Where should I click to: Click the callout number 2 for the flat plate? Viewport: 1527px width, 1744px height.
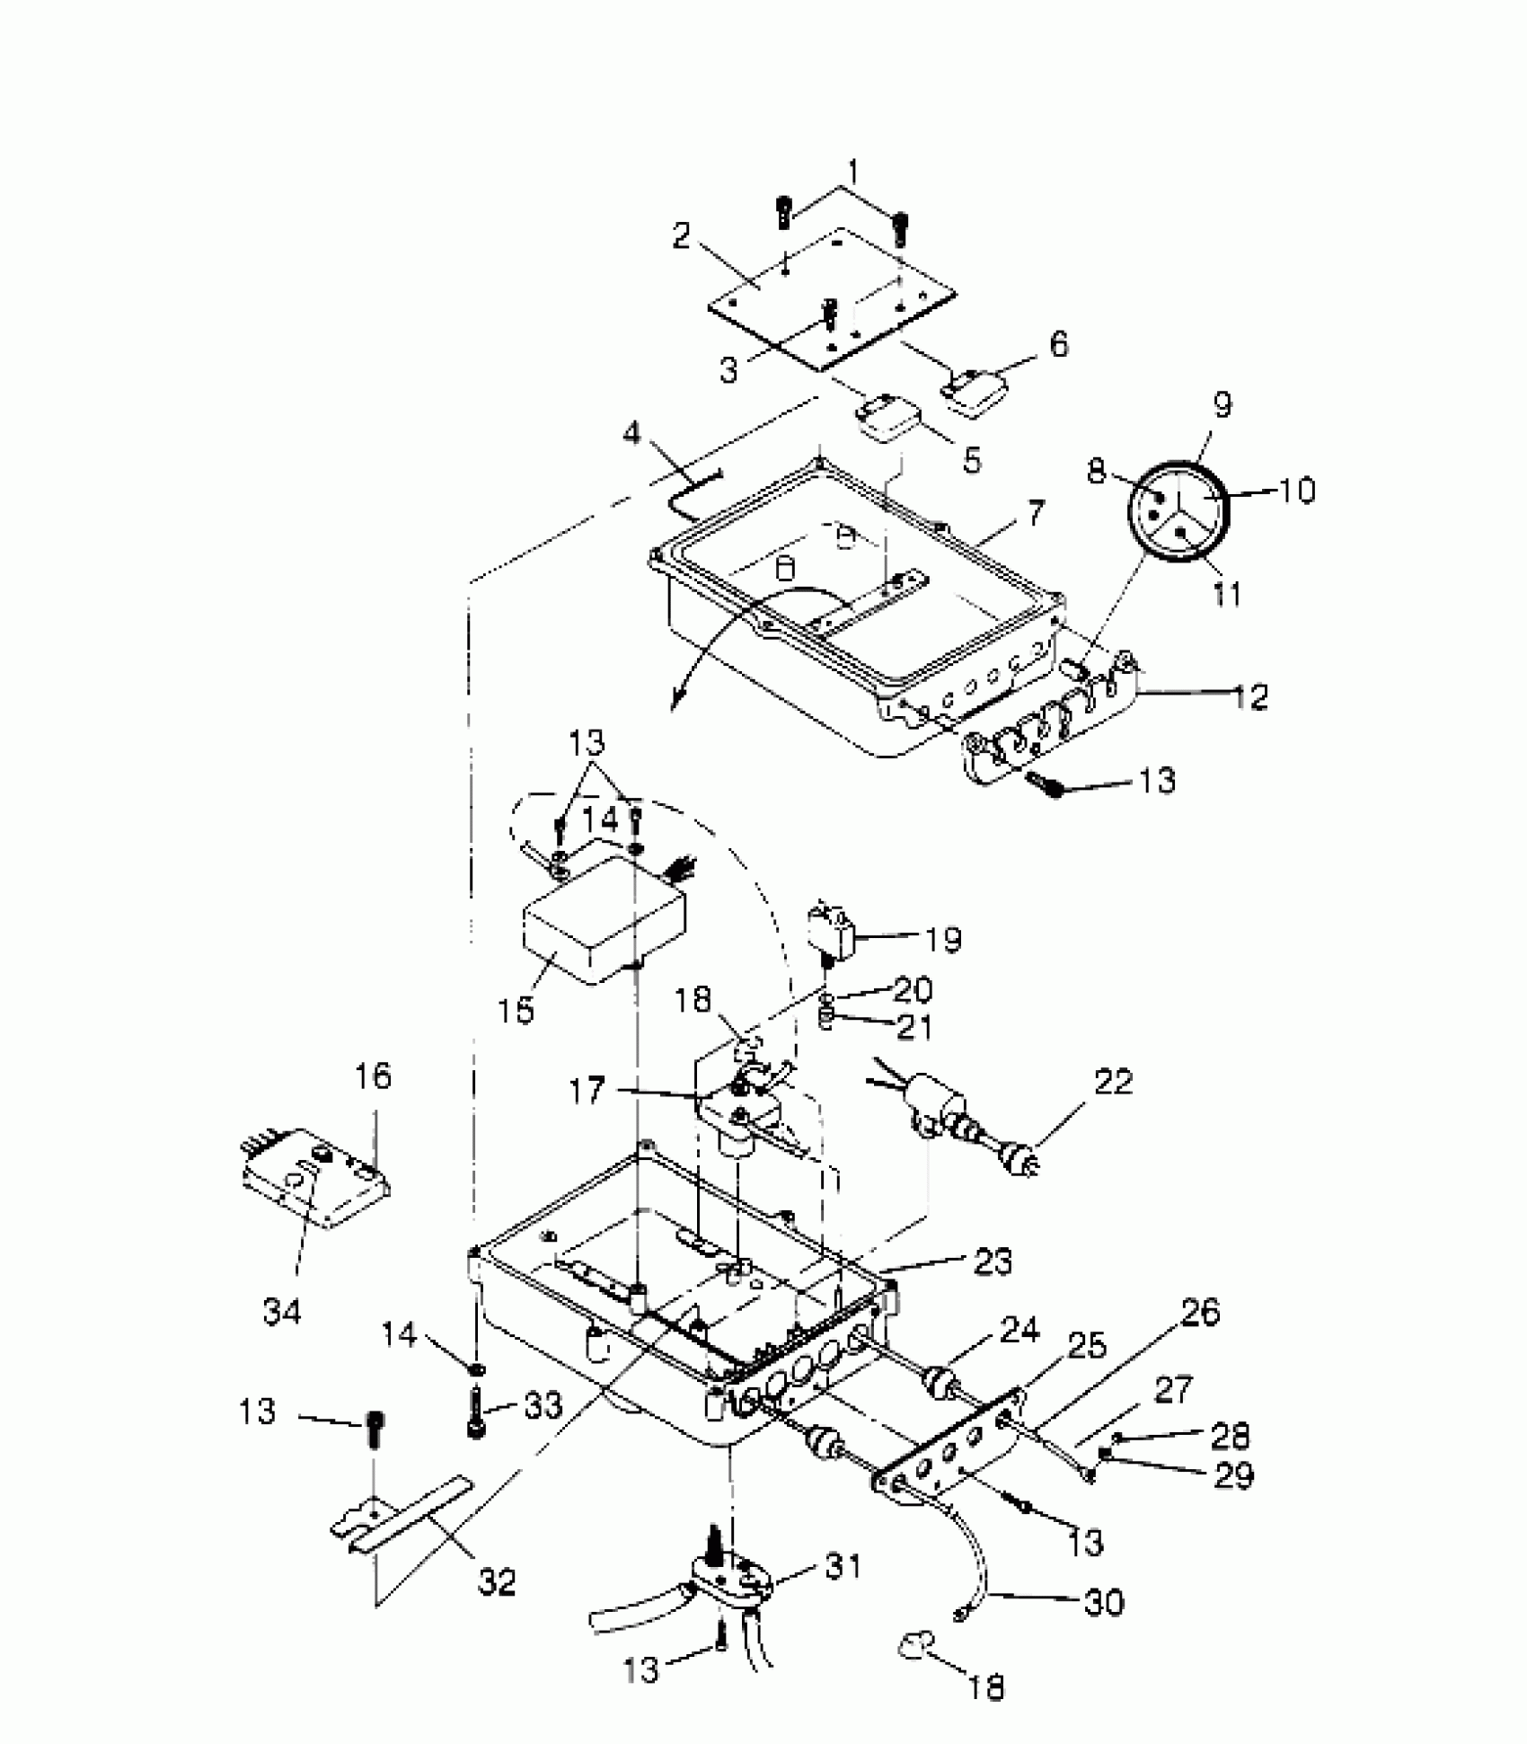pyautogui.click(x=683, y=235)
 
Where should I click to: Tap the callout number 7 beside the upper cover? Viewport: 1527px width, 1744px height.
pyautogui.click(x=1036, y=513)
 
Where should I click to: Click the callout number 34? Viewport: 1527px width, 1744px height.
pyautogui.click(x=282, y=1311)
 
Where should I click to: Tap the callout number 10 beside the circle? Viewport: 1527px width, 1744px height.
pyautogui.click(x=1293, y=490)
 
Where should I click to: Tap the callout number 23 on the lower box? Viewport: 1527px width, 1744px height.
pyautogui.click(x=991, y=1262)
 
